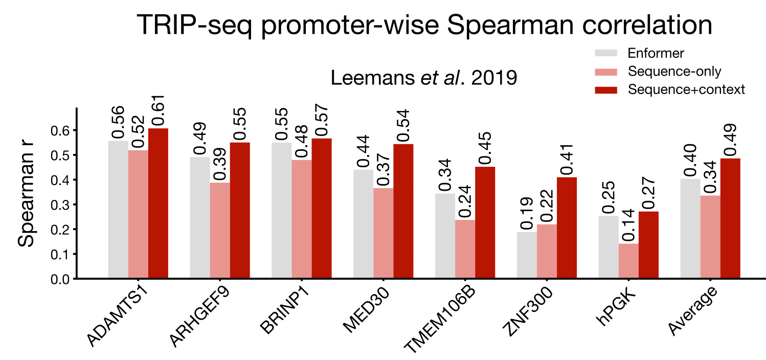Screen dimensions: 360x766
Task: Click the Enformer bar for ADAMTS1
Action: tap(118, 210)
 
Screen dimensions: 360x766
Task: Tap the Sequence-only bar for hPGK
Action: tap(628, 261)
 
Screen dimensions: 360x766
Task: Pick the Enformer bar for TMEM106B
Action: tap(445, 236)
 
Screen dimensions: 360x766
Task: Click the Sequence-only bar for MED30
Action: tap(384, 233)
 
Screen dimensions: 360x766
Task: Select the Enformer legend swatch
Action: tap(605, 53)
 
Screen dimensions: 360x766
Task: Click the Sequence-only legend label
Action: tap(674, 71)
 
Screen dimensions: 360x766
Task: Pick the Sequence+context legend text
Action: tap(686, 89)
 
